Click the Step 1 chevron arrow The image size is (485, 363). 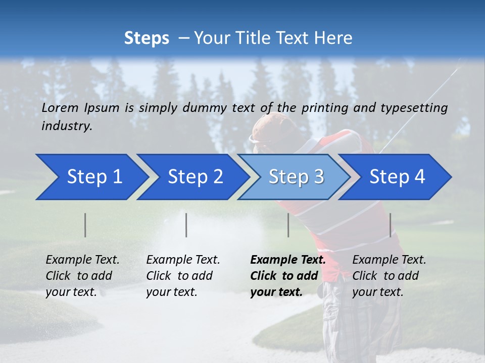(x=91, y=177)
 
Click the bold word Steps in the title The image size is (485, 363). (x=147, y=38)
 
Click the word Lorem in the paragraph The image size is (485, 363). (x=60, y=107)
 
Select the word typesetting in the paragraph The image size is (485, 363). (x=414, y=107)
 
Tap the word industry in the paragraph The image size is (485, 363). (x=66, y=126)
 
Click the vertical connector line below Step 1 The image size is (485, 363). (x=85, y=225)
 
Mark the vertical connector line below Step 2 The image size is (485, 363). (x=186, y=225)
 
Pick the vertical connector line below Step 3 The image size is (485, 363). (x=288, y=225)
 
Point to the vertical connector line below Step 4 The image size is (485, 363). (x=390, y=225)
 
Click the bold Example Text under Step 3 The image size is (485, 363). (x=288, y=260)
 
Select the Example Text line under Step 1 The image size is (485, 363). (x=82, y=260)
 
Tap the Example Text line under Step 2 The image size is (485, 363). (x=183, y=260)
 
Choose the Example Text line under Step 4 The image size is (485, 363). (x=389, y=260)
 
